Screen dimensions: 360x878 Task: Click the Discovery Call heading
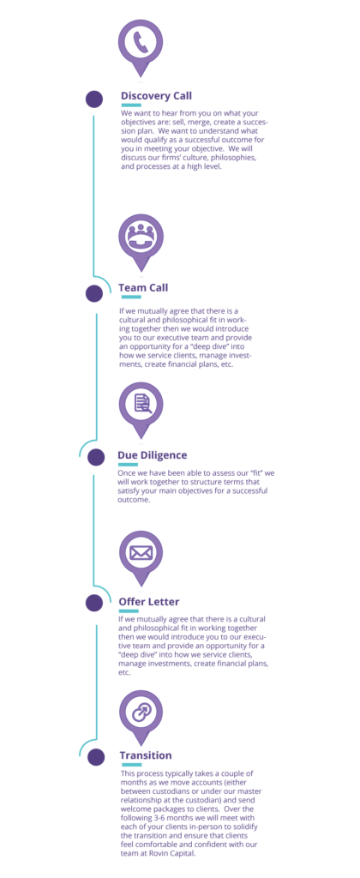[x=156, y=96]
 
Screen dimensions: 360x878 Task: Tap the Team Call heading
[x=143, y=287]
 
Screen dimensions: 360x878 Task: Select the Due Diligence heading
[x=152, y=454]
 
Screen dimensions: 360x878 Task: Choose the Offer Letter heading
[x=149, y=601]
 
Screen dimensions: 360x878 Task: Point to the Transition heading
[x=146, y=755]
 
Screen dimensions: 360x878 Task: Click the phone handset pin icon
[x=141, y=49]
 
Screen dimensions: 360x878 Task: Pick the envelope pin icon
[x=141, y=558]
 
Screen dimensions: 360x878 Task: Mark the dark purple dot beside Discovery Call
[x=94, y=99]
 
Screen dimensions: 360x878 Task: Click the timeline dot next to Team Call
[x=94, y=293]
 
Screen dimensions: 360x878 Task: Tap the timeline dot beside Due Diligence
[x=96, y=457]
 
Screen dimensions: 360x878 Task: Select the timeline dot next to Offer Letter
[x=94, y=603]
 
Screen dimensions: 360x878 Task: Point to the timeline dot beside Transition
[x=96, y=757]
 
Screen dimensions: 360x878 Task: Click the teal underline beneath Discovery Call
[x=131, y=105]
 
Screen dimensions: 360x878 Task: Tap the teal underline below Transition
[x=131, y=764]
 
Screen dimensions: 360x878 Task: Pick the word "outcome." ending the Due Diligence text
[x=135, y=500]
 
